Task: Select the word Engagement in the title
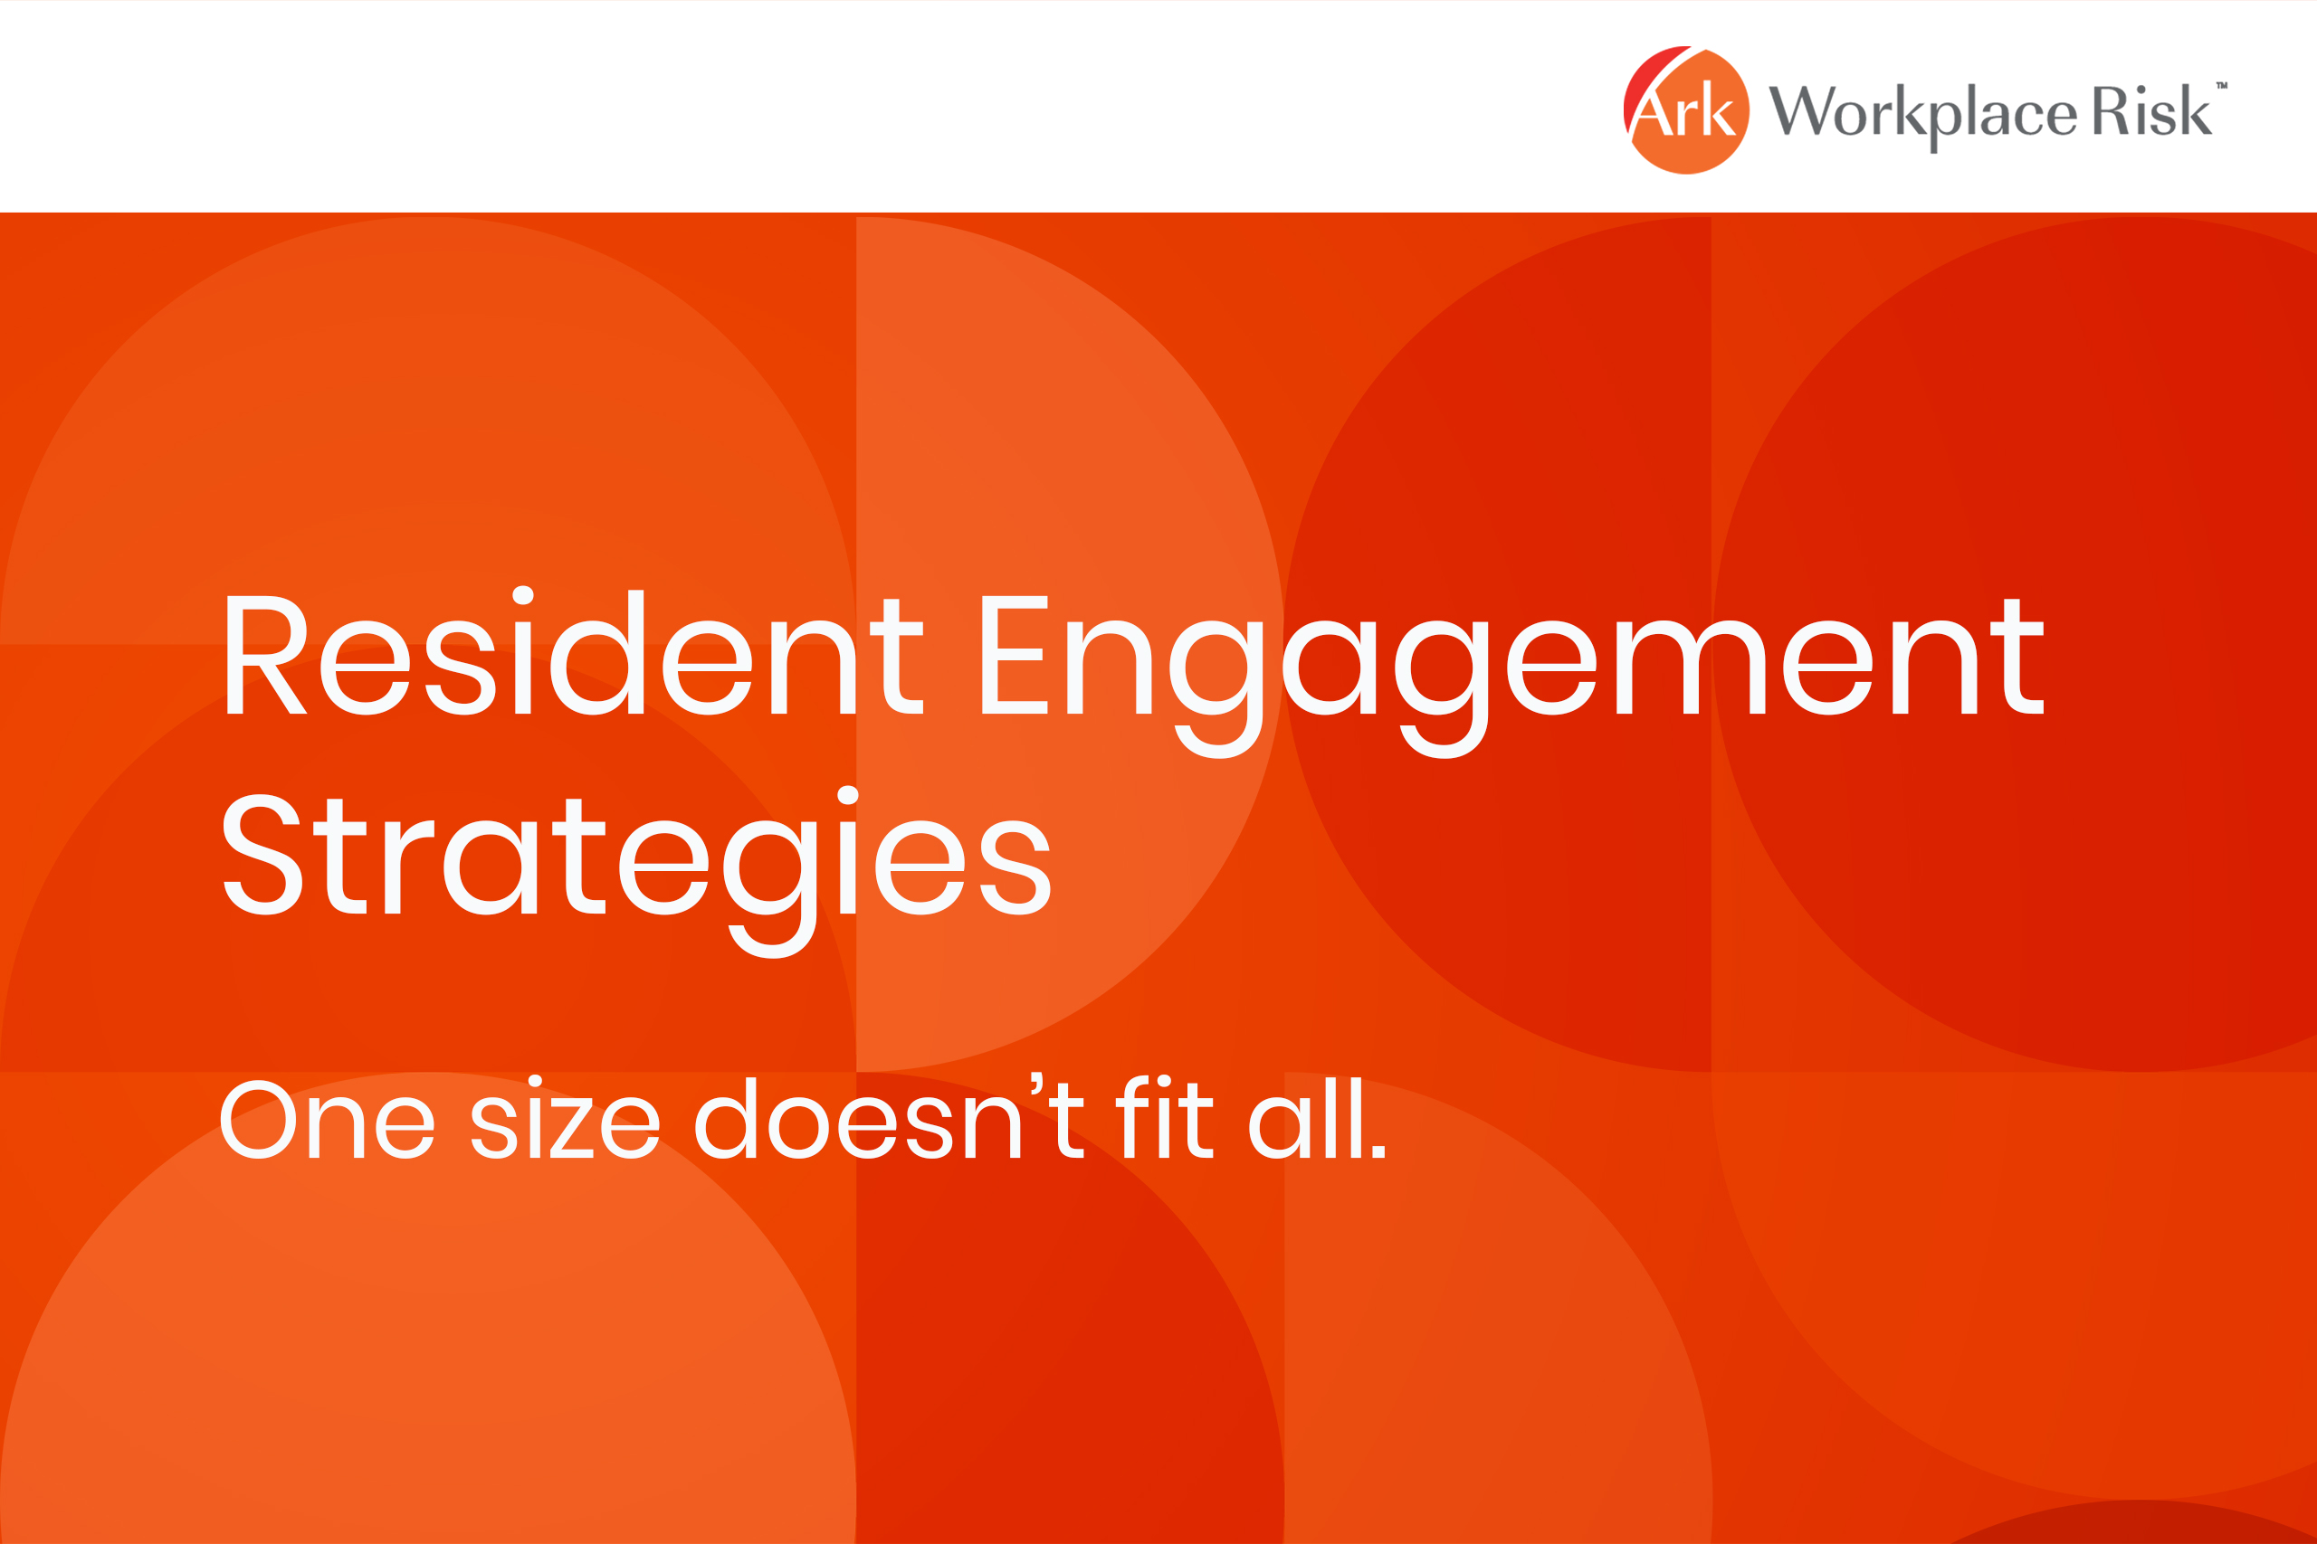pos(1513,677)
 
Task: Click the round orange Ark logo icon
pos(1686,109)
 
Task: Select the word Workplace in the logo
pos(1922,114)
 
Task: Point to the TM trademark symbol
pos(2221,86)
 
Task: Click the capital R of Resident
pos(267,655)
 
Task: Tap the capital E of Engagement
pos(1015,655)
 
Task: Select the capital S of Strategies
pos(263,854)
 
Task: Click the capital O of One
pos(257,1120)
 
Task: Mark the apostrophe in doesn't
pos(1036,1084)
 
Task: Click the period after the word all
pos(1379,1151)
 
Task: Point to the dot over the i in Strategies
pos(847,796)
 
